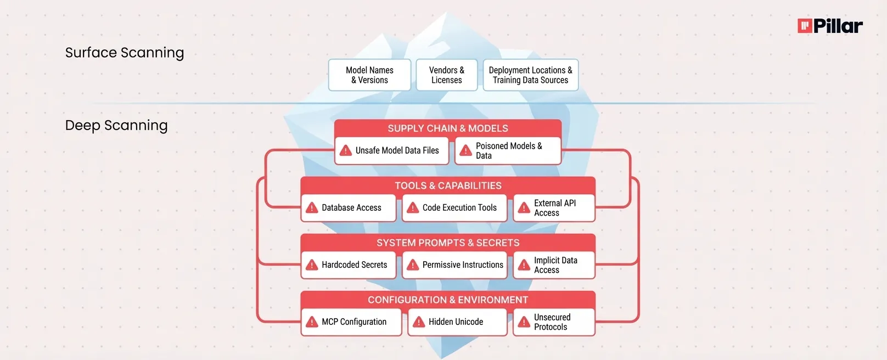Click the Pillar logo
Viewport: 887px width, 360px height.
click(x=829, y=26)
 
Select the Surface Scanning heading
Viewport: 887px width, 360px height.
click(x=125, y=53)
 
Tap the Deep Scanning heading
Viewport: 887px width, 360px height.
click(x=116, y=126)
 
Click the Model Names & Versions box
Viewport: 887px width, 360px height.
click(x=369, y=75)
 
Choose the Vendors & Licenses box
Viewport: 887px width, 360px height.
click(x=446, y=75)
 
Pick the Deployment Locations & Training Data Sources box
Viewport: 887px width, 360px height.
click(x=530, y=75)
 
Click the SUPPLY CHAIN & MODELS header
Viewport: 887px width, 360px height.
click(x=447, y=128)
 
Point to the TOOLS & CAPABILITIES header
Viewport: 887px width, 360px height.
click(x=448, y=185)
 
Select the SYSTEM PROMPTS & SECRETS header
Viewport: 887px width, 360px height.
click(x=448, y=243)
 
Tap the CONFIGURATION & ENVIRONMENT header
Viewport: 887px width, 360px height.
click(x=448, y=300)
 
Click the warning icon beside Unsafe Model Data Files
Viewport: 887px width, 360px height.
click(x=346, y=150)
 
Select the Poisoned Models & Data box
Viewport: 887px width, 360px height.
click(x=508, y=151)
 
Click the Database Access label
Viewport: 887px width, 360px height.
click(x=351, y=208)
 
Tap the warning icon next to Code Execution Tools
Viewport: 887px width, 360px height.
click(x=413, y=208)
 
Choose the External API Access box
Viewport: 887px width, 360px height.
click(x=554, y=208)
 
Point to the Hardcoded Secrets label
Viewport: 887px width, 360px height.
click(x=354, y=265)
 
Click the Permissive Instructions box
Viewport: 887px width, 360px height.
click(x=454, y=265)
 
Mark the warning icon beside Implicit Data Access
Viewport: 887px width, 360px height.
click(x=524, y=265)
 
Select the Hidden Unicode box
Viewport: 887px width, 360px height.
click(x=457, y=322)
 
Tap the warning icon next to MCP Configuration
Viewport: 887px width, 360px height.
click(x=312, y=322)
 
